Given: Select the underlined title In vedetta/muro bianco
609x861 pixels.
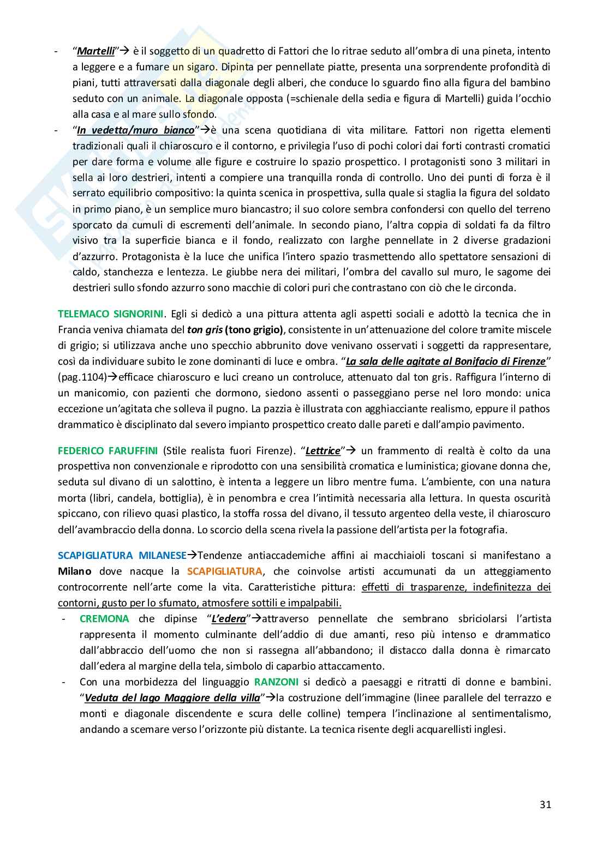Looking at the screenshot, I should [x=135, y=130].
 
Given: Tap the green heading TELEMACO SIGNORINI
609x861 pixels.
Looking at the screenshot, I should [x=112, y=314].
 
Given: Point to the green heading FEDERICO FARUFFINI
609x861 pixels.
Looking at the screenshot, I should [x=108, y=450].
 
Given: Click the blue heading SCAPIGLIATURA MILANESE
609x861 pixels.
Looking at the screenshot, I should [x=122, y=556].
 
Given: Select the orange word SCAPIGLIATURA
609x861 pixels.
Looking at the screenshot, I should [x=224, y=571].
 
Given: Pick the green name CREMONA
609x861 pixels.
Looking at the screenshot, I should [x=104, y=618].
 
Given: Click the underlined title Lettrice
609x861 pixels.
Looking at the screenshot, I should [x=323, y=451].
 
